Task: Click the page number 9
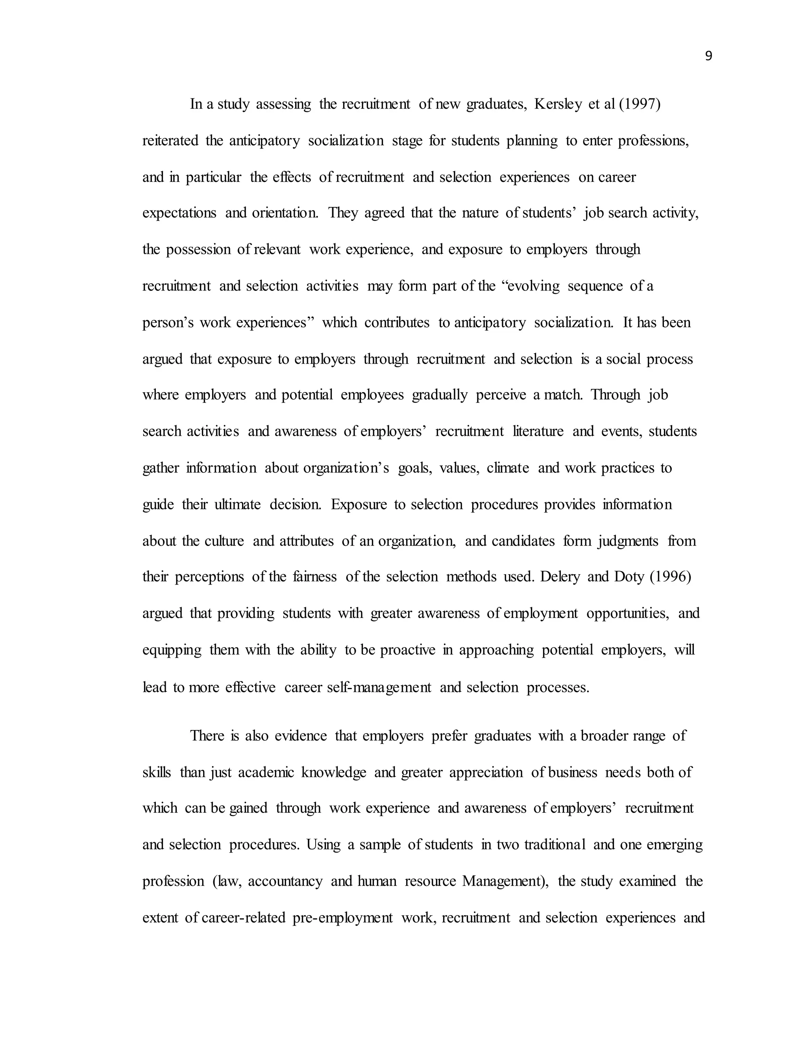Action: coord(708,56)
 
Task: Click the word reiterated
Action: coord(170,141)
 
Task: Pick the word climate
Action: coord(508,468)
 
